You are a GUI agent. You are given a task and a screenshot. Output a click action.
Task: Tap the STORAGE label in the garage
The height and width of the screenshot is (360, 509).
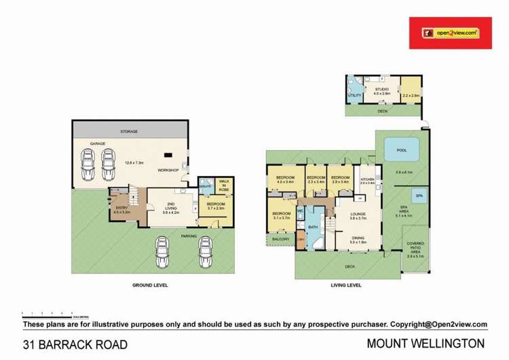130,131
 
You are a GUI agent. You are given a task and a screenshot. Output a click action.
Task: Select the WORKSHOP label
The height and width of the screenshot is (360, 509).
168,170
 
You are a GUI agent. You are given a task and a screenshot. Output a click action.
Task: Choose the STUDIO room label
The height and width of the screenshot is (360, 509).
382,88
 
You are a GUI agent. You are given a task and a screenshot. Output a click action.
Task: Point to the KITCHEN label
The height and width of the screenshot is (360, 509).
367,179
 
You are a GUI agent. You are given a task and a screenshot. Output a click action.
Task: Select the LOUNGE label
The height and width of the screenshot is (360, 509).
358,214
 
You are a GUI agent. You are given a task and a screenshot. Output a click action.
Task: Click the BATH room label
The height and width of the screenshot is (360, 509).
314,228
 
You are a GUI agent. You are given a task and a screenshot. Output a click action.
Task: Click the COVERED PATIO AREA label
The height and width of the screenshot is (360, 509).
415,248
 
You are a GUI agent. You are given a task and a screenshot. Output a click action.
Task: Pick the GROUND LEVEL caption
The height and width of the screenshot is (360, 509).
150,285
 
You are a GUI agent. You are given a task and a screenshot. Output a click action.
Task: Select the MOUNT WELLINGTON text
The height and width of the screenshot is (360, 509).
426,343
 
